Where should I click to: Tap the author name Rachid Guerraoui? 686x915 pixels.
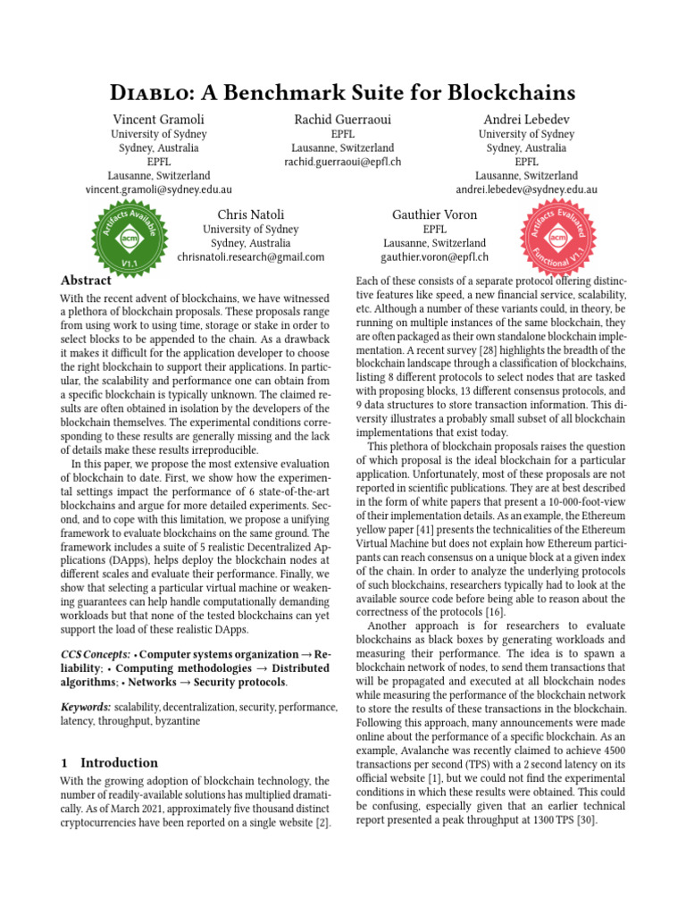[x=343, y=120]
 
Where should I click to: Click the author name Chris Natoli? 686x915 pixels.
[x=251, y=214]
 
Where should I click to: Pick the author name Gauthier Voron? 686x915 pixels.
[x=435, y=214]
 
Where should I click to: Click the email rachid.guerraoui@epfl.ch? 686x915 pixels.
[x=343, y=162]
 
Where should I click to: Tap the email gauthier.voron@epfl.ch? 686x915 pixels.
[x=435, y=256]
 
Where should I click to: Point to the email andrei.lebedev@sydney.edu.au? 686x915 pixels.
[x=526, y=190]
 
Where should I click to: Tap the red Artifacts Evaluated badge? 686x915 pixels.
[x=558, y=239]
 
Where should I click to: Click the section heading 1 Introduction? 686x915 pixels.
[x=109, y=763]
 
